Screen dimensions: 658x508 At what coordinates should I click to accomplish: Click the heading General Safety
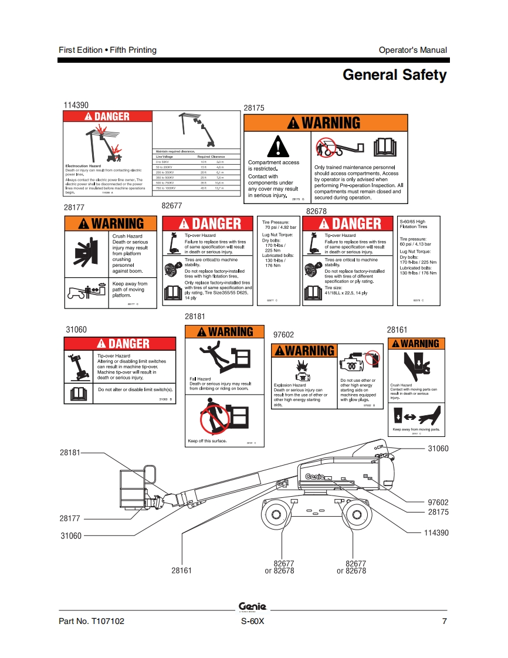[x=394, y=75]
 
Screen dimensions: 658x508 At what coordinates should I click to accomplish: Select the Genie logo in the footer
[x=253, y=607]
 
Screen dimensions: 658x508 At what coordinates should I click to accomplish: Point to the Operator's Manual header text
[x=412, y=50]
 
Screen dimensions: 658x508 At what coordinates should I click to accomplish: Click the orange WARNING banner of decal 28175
[x=325, y=123]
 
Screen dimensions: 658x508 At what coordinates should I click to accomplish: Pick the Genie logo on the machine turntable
[x=315, y=477]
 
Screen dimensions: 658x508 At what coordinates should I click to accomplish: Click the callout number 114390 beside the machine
[x=436, y=532]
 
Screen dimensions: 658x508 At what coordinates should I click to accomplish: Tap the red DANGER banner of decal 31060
[x=120, y=344]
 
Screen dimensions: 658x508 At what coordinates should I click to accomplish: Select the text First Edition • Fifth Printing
[x=108, y=50]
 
